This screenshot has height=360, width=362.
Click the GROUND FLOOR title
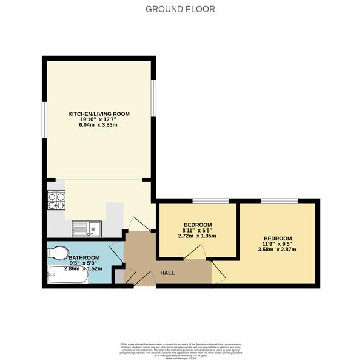coord(181,9)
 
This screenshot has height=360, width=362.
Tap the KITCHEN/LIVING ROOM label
coord(98,114)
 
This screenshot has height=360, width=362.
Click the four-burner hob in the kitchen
coord(56,200)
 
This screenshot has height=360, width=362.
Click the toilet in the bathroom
coord(60,253)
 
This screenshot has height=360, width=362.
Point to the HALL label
coord(167,273)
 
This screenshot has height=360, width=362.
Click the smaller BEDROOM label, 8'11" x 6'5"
coord(198,225)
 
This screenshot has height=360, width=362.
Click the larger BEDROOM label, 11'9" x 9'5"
coord(277,239)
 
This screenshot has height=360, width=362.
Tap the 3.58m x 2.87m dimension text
coord(278,250)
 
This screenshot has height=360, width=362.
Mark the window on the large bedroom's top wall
coord(280,201)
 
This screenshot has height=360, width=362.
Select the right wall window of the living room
coord(153,97)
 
